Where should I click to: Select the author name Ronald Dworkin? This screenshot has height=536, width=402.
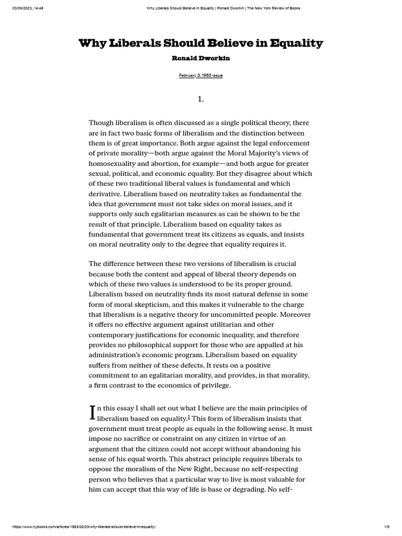[201, 58]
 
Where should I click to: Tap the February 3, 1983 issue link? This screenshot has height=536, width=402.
[201, 76]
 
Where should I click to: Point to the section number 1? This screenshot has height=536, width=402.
[200, 99]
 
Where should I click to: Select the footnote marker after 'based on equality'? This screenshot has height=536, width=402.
[188, 417]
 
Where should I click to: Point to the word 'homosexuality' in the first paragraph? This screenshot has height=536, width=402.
[114, 163]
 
